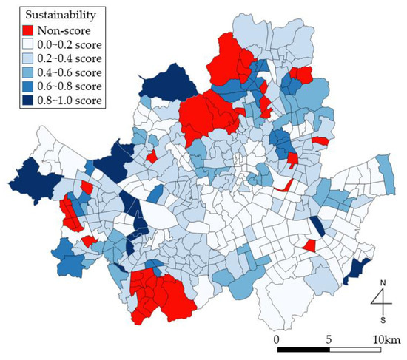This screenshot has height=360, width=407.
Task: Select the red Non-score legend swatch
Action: [27, 30]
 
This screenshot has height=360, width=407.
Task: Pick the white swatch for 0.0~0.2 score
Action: [27, 44]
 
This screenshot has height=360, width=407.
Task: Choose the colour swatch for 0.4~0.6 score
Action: [27, 72]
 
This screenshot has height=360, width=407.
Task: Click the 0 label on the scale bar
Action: [276, 338]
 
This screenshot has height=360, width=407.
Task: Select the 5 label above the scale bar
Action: [329, 338]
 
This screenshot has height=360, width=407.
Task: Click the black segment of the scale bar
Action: [303, 349]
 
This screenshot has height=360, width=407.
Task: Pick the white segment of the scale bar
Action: [356, 349]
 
